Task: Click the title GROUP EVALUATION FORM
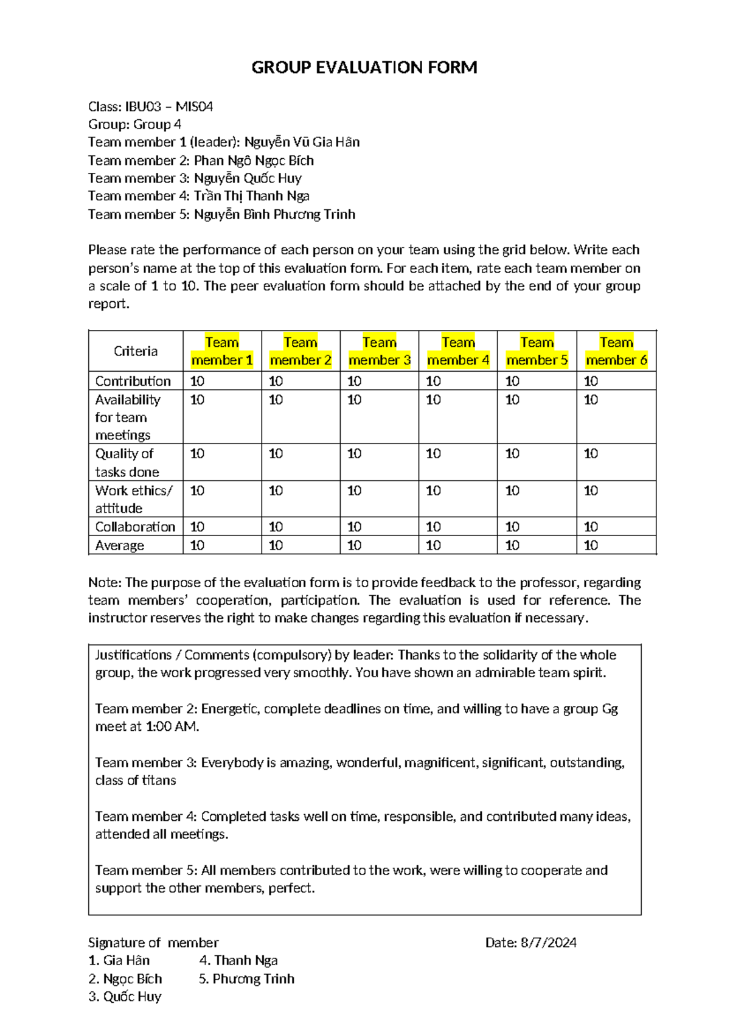coord(364,67)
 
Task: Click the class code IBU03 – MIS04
coord(169,107)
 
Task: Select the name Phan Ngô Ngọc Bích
coord(254,161)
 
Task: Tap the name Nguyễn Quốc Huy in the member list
coord(248,178)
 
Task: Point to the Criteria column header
coord(135,351)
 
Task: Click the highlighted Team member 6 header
coord(616,351)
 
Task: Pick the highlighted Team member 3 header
coord(379,351)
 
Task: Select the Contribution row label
coord(133,381)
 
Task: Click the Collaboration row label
coord(135,526)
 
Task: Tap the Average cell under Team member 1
coord(197,545)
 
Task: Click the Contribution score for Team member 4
coord(433,381)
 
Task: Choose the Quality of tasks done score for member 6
coord(591,454)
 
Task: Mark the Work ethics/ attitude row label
coord(134,499)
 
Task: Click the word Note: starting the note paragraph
coord(105,582)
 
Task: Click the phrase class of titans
coord(136,781)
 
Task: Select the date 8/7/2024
coord(548,943)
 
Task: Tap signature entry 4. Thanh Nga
coord(238,961)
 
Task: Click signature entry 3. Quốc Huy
coord(125,997)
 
